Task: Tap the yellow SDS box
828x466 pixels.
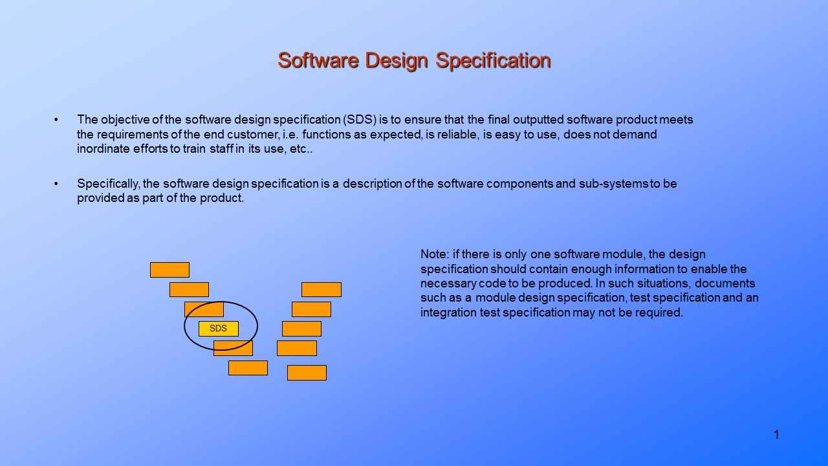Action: coord(219,329)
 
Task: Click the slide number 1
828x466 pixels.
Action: coord(776,435)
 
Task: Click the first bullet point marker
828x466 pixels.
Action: coord(56,120)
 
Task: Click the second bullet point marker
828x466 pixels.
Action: coord(56,184)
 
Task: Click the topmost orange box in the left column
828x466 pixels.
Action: coord(169,270)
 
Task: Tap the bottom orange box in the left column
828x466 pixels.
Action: coord(248,368)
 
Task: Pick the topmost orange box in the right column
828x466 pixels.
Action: coord(321,289)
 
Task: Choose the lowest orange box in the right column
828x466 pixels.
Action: coord(307,373)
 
